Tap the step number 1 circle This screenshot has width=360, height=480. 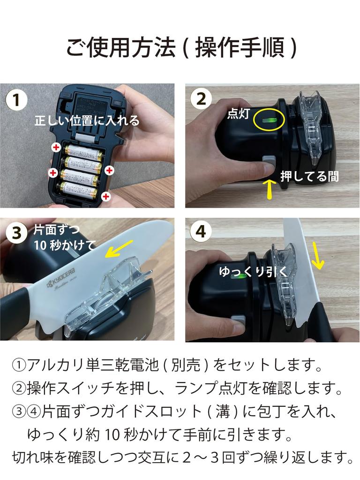click(x=16, y=100)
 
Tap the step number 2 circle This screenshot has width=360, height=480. click(x=201, y=99)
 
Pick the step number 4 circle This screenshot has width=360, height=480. click(x=201, y=232)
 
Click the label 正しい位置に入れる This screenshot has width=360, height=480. click(x=87, y=120)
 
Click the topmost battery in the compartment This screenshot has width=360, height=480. click(x=83, y=151)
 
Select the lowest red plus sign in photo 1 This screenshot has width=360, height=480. click(x=106, y=196)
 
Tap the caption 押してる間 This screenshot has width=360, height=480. click(x=309, y=176)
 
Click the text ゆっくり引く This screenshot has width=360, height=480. click(x=248, y=271)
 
